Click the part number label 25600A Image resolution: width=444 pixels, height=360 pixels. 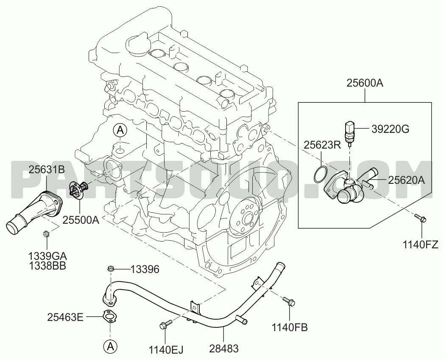(365, 84)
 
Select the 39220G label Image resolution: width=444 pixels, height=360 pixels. (391, 129)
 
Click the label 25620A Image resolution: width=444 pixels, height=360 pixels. (406, 180)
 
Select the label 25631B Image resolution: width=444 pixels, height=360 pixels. (47, 170)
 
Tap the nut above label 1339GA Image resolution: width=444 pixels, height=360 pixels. (47, 234)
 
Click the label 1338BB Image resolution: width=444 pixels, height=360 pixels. (47, 266)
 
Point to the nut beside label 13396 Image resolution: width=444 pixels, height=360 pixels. (111, 268)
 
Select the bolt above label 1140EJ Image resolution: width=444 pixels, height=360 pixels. (166, 324)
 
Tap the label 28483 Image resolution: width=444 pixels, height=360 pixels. (224, 349)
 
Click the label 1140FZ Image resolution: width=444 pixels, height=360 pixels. (421, 244)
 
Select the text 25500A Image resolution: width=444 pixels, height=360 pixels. (81, 220)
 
